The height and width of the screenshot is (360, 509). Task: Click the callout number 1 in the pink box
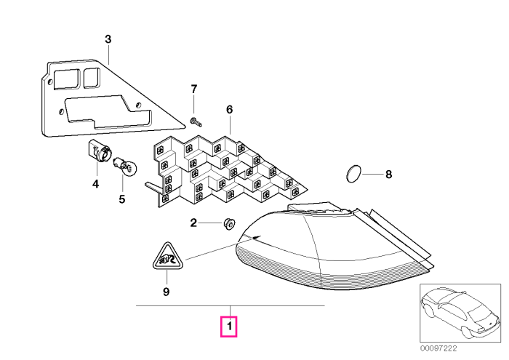pos(230,327)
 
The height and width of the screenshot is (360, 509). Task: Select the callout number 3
pos(108,39)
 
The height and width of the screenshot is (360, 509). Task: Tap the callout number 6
pos(230,110)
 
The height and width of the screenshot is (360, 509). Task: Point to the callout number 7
pos(194,89)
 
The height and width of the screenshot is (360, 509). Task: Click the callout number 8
pos(388,175)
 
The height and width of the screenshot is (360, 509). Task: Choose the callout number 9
pos(166,292)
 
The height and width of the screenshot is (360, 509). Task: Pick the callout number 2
pos(193,223)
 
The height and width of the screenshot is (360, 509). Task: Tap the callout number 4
pos(95,185)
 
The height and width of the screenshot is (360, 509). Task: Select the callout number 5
pos(121,199)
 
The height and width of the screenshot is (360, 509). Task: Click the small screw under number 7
pos(196,122)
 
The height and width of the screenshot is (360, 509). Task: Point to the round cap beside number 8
pos(353,174)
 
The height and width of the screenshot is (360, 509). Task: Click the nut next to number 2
pos(230,224)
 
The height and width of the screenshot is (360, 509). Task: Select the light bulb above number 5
pos(125,166)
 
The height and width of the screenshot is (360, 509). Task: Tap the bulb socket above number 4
pos(100,151)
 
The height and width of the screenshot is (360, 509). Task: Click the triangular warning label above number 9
pos(168,256)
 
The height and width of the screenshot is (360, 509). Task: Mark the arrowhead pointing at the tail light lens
pos(257,238)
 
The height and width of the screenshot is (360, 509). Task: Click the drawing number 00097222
pos(438,348)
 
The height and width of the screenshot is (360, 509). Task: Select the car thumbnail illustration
pos(460,313)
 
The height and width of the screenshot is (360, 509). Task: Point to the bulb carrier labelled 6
pos(226,171)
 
